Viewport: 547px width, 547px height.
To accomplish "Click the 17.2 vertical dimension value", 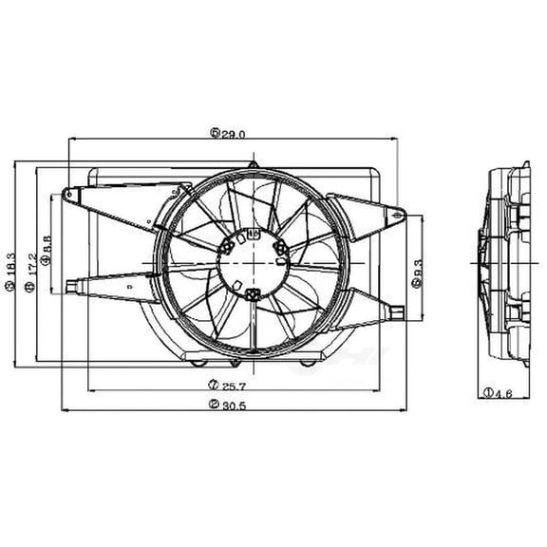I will tap(30, 265).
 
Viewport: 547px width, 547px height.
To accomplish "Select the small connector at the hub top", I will tap(253, 231).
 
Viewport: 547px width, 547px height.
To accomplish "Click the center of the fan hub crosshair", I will tap(251, 262).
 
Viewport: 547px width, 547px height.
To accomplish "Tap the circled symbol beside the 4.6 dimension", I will tap(486, 391).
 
